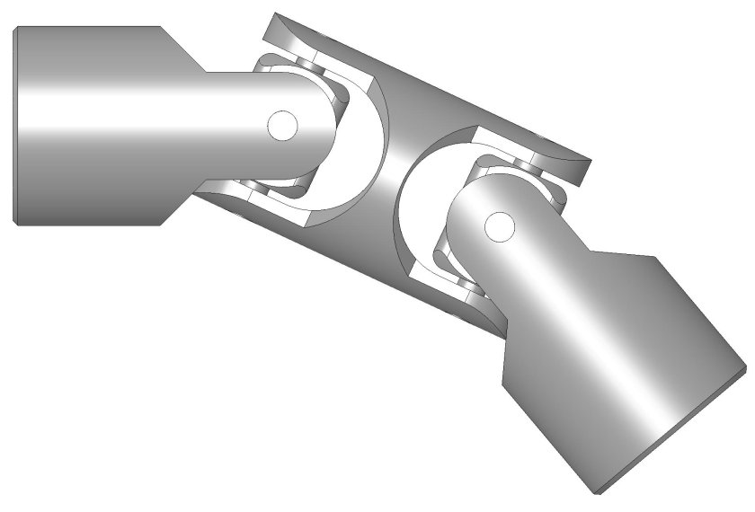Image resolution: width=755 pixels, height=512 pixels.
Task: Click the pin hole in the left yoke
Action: pos(283,126)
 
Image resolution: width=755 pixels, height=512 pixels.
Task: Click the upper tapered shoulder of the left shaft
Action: pos(184,49)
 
